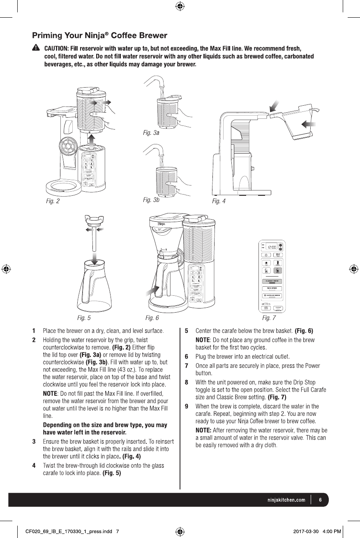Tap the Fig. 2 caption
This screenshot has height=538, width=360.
tap(53, 202)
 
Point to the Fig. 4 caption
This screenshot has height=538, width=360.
tap(219, 202)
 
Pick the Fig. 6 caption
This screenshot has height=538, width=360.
tap(152, 318)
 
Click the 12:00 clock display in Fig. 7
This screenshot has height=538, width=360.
tap(271, 248)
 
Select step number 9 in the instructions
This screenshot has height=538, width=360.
tap(187, 406)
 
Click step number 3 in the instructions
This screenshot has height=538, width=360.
tap(34, 442)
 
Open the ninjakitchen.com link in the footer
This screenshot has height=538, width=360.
tap(284, 500)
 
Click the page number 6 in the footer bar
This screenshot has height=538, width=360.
tap(320, 500)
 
